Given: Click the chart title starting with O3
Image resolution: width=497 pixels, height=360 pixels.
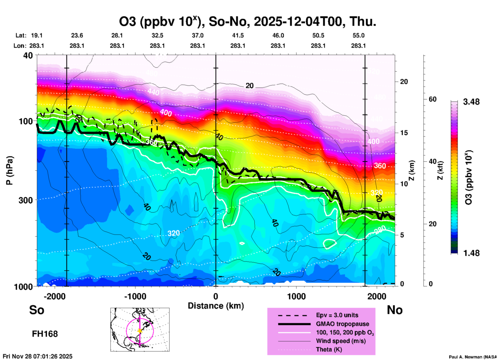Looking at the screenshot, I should [247, 22].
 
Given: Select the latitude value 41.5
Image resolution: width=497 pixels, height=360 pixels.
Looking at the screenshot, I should [238, 35].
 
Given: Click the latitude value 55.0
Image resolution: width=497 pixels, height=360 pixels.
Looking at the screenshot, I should [358, 35].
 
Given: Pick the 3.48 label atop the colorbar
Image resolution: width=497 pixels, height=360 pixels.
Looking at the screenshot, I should [471, 102].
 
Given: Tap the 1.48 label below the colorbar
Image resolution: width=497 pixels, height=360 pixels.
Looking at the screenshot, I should [471, 253].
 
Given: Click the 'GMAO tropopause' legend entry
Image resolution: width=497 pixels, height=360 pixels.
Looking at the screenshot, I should [342, 324].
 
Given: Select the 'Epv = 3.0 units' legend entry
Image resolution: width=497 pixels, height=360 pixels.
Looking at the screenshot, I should [337, 315].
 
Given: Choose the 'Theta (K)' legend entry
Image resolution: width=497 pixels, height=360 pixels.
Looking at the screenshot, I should [329, 349].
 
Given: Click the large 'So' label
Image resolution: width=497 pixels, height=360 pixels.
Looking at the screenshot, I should [37, 310].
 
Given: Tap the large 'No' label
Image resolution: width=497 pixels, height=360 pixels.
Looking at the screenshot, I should [395, 310].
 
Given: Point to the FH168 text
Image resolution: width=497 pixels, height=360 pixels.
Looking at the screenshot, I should [45, 334].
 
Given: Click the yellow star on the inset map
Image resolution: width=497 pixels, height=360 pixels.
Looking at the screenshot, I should [140, 331].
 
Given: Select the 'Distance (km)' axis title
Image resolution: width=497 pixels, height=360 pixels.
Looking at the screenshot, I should [216, 306].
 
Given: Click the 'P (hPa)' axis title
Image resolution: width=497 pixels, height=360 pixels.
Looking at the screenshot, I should [10, 170].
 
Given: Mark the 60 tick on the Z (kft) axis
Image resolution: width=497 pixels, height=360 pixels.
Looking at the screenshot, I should [432, 99].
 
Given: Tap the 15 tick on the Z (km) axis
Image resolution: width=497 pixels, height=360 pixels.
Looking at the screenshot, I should [404, 133].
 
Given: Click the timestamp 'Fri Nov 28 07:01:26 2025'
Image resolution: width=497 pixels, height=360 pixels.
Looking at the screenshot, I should [38, 356].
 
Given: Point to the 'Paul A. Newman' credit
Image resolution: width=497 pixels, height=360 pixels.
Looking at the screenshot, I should [472, 357].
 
